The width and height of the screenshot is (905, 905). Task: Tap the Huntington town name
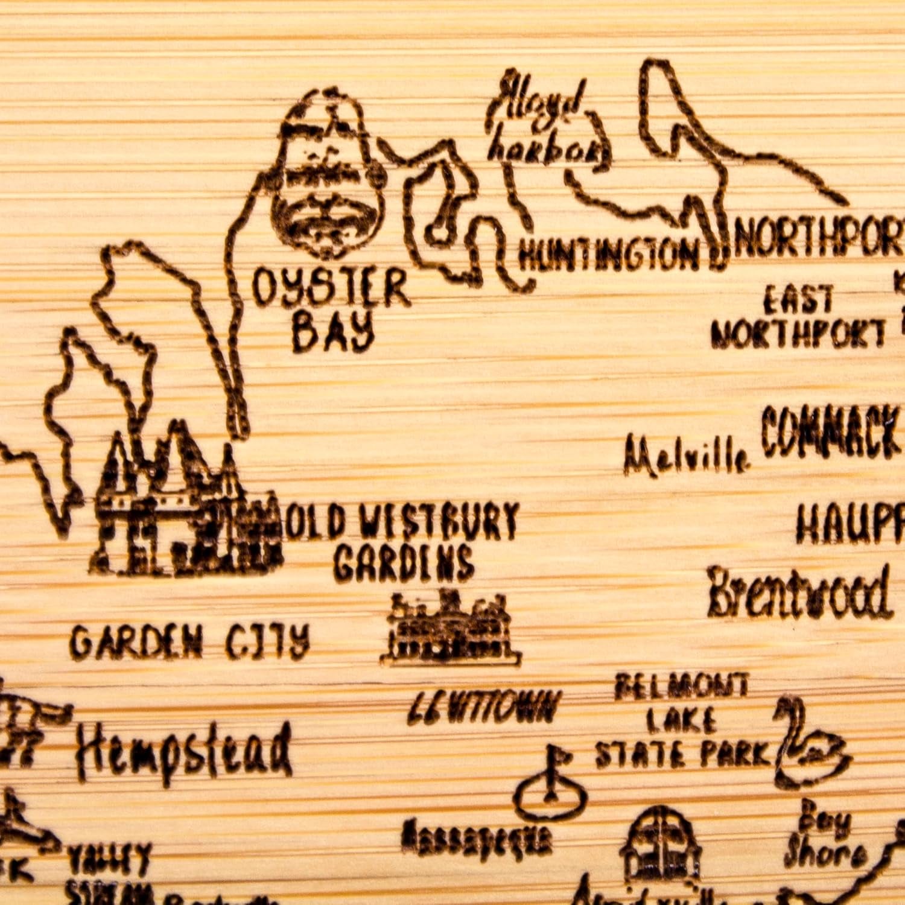tap(608, 255)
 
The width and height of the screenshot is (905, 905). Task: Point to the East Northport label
tap(798, 317)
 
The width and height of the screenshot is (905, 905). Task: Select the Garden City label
tap(190, 641)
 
